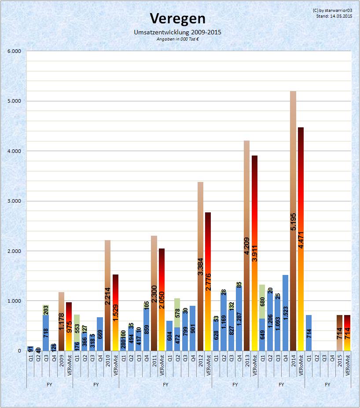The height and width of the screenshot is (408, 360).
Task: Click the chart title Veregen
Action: [x=177, y=19]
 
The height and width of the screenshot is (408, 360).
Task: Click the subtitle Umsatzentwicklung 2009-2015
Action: [x=177, y=32]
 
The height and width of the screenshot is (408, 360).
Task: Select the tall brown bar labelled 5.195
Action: [x=293, y=220]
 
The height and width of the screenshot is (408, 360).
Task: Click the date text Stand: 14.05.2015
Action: [x=334, y=16]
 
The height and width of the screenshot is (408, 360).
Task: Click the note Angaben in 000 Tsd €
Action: [x=177, y=39]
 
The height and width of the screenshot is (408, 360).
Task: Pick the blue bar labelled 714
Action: [x=309, y=333]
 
